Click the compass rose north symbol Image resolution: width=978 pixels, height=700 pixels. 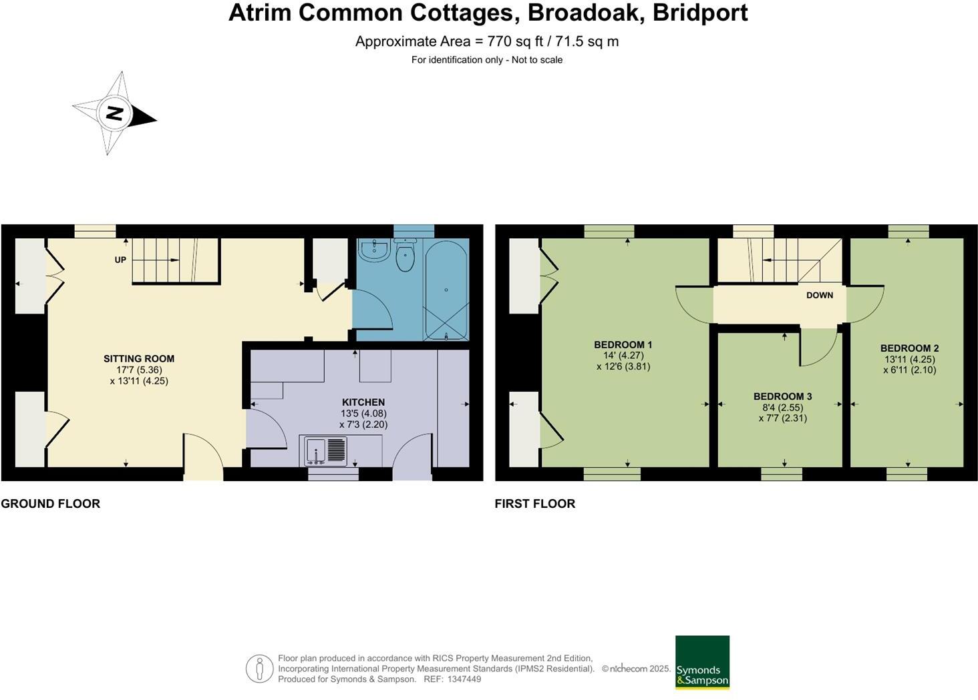point(114,113)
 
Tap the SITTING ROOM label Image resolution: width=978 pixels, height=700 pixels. point(139,358)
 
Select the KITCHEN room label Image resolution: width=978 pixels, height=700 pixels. point(363,402)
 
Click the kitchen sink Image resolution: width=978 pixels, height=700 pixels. point(326,450)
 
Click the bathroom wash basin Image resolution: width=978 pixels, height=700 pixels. point(374,251)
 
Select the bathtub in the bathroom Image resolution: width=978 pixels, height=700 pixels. point(446,290)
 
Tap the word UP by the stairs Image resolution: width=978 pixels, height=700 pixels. point(120,260)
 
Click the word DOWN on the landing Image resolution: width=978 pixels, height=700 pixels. point(820,295)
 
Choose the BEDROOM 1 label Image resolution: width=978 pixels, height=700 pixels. point(623,344)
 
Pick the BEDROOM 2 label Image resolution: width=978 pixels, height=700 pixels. point(909,348)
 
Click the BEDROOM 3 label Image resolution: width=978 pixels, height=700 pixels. point(782,396)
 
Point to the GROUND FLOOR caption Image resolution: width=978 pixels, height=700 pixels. point(51,504)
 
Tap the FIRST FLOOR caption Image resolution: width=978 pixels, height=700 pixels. point(535,504)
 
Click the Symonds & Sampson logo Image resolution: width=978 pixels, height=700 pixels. point(702,662)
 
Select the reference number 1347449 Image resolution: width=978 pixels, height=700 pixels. point(464,679)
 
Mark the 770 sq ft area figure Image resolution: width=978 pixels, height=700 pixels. point(513,41)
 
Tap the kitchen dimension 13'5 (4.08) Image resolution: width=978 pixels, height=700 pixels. point(363,413)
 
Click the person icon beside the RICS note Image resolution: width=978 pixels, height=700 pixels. point(259,669)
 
